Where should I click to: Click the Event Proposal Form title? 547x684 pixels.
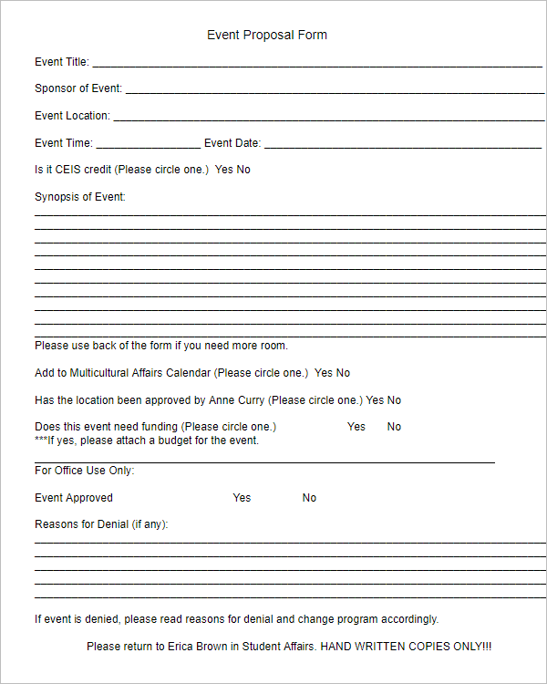pyautogui.click(x=266, y=36)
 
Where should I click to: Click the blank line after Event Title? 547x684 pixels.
pyautogui.click(x=316, y=65)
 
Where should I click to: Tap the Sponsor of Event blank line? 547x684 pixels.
pyautogui.click(x=334, y=91)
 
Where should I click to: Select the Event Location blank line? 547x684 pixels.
pyautogui.click(x=327, y=119)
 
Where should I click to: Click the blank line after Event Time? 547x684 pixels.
pyautogui.click(x=148, y=145)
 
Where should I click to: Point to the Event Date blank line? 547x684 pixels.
pyautogui.click(x=402, y=145)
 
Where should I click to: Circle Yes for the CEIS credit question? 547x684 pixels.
pyautogui.click(x=223, y=170)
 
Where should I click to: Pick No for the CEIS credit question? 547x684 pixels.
pyautogui.click(x=243, y=170)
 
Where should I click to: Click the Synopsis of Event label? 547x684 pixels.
pyautogui.click(x=80, y=197)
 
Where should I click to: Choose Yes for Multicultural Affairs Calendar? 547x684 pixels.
pyautogui.click(x=324, y=373)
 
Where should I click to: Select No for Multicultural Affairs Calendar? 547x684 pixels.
pyautogui.click(x=343, y=373)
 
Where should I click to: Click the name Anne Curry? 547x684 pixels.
pyautogui.click(x=237, y=400)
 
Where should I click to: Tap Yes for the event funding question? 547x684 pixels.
pyautogui.click(x=356, y=427)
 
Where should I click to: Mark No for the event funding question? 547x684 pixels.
pyautogui.click(x=394, y=427)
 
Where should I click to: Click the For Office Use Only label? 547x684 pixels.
pyautogui.click(x=84, y=471)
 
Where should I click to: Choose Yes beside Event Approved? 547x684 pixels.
pyautogui.click(x=242, y=498)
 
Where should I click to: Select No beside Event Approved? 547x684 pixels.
pyautogui.click(x=309, y=498)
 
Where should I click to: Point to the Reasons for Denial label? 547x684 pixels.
pyautogui.click(x=101, y=524)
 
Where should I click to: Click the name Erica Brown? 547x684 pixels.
pyautogui.click(x=197, y=647)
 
